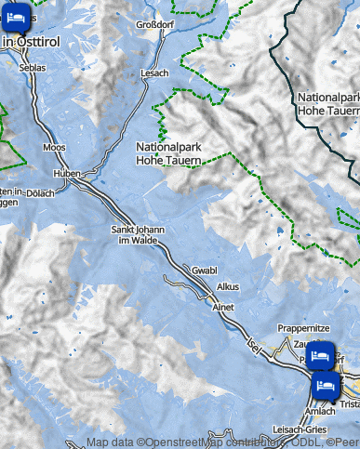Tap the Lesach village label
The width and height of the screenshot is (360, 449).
pos(154,73)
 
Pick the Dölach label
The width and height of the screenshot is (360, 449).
pos(39,193)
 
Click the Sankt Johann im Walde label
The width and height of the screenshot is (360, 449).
pos(136,235)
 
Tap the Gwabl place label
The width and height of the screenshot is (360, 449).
pos(204,270)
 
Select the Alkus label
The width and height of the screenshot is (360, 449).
pos(228,287)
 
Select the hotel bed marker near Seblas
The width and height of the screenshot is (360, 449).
pos(16,19)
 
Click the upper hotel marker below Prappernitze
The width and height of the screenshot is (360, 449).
pos(321,355)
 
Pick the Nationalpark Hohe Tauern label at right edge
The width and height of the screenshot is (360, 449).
pos(328,103)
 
